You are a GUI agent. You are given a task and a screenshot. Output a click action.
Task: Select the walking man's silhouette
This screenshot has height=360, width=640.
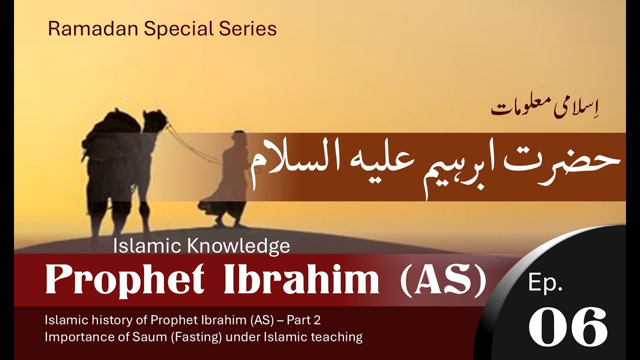point(230,180)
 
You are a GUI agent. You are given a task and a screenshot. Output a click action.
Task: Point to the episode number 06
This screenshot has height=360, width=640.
point(568,327)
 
